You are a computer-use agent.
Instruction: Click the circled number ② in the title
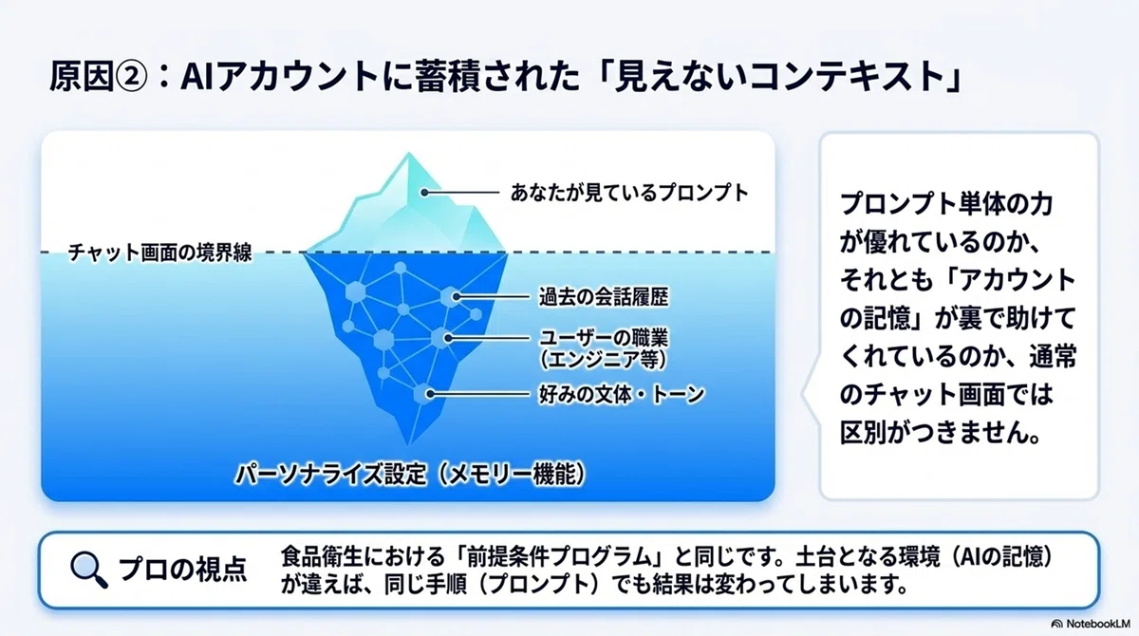(131, 77)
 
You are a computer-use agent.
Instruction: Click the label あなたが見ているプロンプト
(630, 193)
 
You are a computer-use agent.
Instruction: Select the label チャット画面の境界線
(160, 253)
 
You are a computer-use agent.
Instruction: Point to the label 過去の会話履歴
(604, 297)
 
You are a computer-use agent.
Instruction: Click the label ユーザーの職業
(604, 338)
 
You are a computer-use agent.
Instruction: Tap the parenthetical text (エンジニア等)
(604, 360)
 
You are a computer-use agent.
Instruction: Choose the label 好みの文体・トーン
(622, 394)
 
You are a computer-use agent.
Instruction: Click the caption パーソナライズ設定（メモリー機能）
(410, 475)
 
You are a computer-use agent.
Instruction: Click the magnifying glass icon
(89, 570)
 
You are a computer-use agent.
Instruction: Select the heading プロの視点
(182, 569)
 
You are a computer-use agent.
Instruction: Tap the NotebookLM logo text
(1098, 624)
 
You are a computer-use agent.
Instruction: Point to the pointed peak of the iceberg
(409, 152)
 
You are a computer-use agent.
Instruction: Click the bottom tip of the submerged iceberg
(408, 445)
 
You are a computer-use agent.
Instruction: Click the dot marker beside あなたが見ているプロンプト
(424, 193)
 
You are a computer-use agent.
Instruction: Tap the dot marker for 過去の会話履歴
(457, 297)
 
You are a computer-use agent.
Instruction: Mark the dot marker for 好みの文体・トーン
(430, 394)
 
